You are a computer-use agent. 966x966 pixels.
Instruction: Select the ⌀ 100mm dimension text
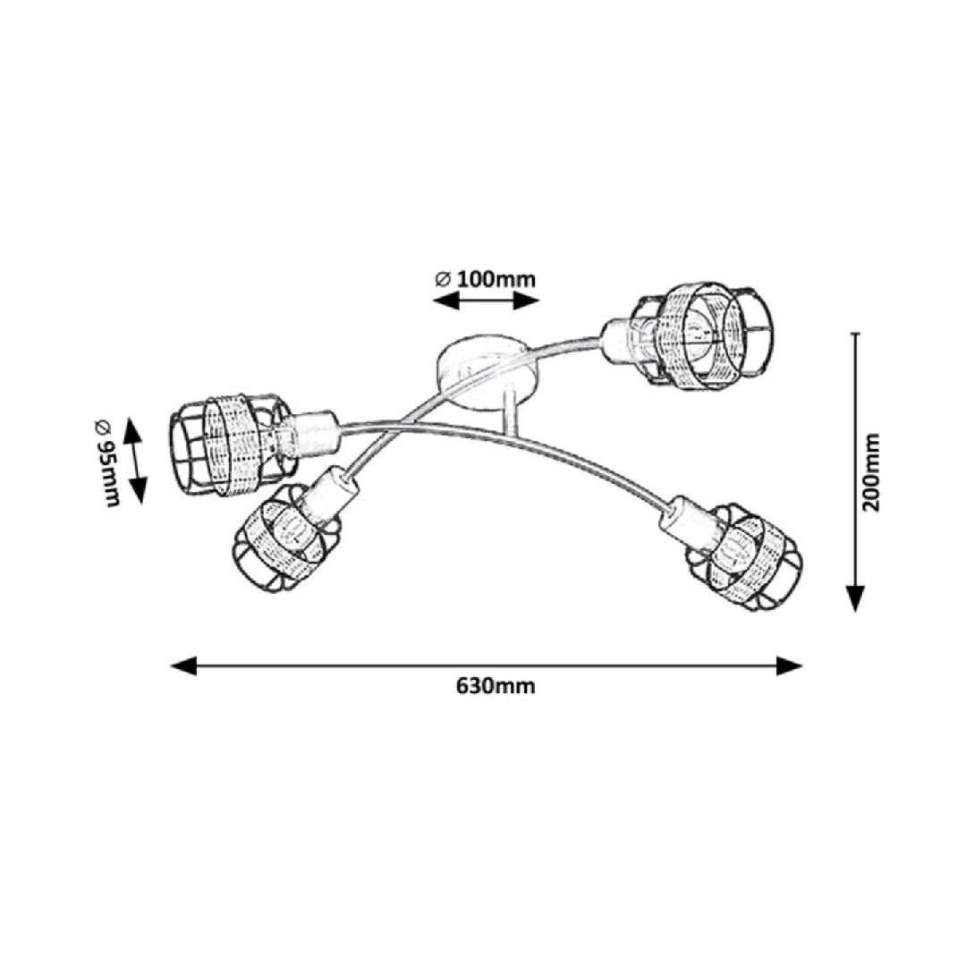click(486, 277)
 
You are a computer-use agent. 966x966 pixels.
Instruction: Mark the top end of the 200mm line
click(857, 335)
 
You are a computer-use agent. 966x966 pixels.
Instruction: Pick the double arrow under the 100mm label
click(486, 301)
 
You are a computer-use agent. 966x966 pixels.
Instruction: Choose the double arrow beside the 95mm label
click(136, 460)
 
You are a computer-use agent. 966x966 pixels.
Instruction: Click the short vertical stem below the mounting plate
click(510, 413)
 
